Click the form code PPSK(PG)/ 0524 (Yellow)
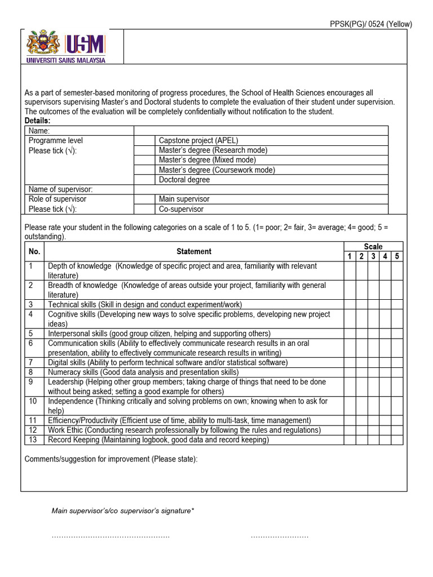click(370, 24)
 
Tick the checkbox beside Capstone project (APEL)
click(144, 140)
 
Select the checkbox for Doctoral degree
click(144, 180)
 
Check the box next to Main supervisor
click(144, 199)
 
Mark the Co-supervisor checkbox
click(144, 209)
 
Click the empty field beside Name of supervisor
click(260, 189)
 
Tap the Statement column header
click(194, 251)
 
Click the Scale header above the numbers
click(373, 246)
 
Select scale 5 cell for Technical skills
click(397, 304)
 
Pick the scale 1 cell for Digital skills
click(350, 362)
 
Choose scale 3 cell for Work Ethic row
click(373, 430)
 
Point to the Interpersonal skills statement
click(159, 334)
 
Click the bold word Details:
click(38, 121)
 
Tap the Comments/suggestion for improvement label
click(111, 459)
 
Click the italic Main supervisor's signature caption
click(123, 511)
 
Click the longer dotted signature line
click(111, 536)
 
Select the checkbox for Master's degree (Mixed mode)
click(144, 160)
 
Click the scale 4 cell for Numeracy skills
click(385, 372)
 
